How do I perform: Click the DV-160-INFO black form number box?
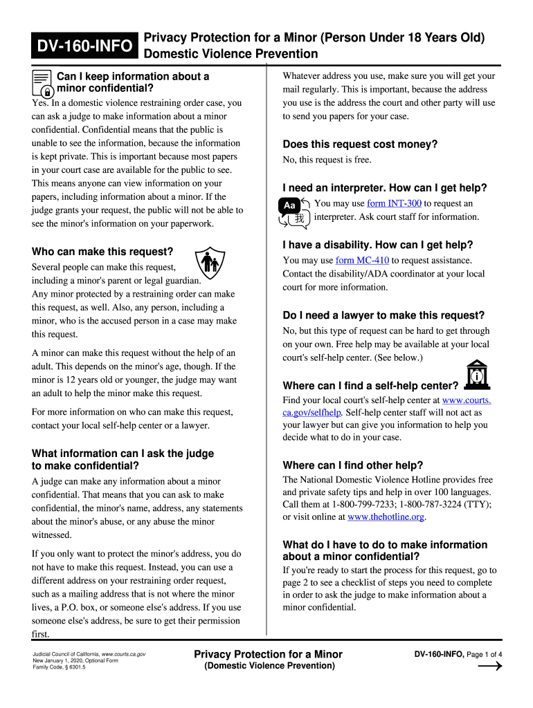click(84, 46)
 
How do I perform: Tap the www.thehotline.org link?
click(386, 516)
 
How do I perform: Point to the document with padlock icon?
click(42, 83)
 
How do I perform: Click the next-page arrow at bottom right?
click(490, 667)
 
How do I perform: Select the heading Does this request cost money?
click(360, 145)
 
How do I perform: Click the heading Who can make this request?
click(102, 252)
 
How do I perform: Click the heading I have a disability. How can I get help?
click(377, 245)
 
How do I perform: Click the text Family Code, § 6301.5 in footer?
click(60, 667)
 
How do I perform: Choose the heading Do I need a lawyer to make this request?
click(383, 315)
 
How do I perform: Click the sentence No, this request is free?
click(327, 160)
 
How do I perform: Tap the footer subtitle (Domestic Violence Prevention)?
click(269, 666)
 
